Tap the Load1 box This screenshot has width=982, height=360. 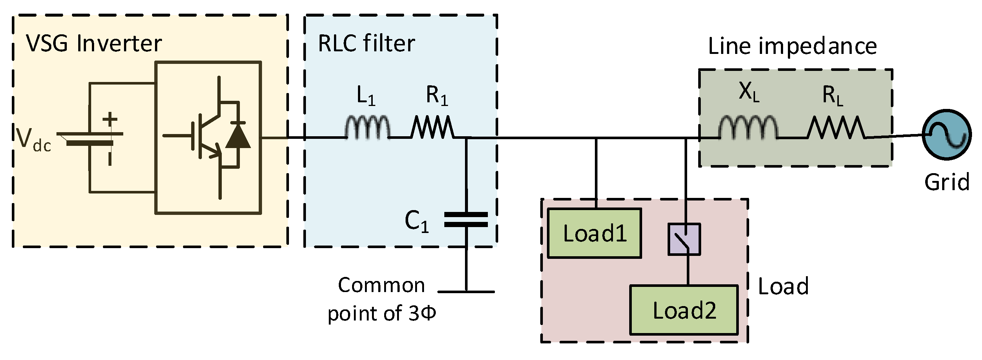tap(594, 233)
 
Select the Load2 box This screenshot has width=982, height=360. tap(684, 310)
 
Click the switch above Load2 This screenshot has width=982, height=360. tap(684, 240)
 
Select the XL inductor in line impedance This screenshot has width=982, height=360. tap(748, 127)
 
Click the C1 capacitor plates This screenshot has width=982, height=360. tap(466, 220)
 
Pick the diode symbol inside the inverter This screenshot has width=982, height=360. tap(238, 136)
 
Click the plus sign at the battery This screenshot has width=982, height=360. tap(110, 119)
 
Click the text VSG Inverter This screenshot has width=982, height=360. tap(94, 44)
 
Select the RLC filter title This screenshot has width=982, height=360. tap(366, 44)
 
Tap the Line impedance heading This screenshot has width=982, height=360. tap(793, 46)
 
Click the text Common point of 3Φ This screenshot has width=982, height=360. tap(382, 299)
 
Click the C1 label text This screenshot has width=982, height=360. tap(417, 221)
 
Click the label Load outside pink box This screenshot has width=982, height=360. tap(783, 287)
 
